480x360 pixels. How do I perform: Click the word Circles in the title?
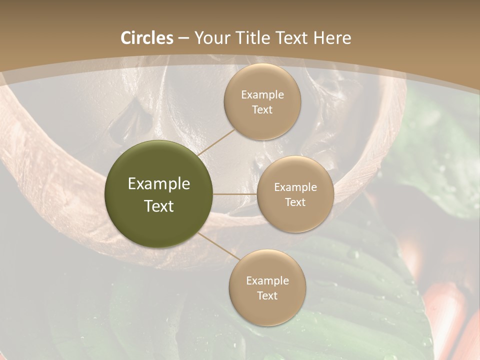pos(147,38)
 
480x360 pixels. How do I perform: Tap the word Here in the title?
pos(332,38)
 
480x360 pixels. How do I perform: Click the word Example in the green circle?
pos(159,184)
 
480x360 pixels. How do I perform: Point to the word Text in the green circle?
pos(159,206)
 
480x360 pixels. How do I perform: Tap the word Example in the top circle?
pos(262,95)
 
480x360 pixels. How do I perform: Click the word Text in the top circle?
pos(262,110)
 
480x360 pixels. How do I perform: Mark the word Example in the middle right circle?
pos(295,187)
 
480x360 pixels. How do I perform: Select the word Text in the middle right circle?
pos(295,202)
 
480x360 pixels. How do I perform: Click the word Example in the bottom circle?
pos(267,281)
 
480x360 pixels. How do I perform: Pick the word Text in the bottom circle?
pos(267,296)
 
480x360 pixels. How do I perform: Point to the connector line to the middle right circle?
pos(234,194)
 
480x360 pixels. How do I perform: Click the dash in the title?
pos(183,38)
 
